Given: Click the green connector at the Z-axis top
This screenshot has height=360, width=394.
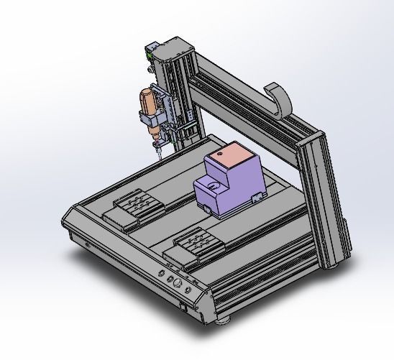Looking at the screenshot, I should pyautogui.click(x=149, y=52).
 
